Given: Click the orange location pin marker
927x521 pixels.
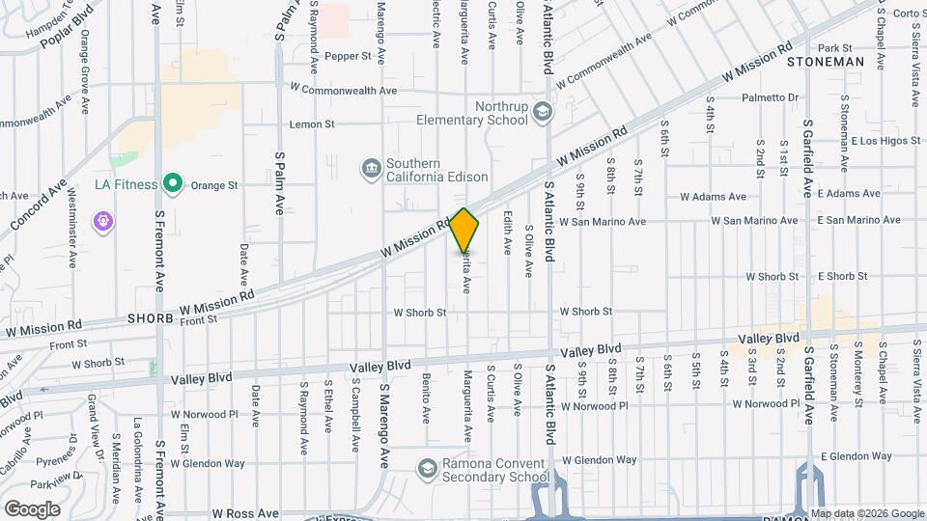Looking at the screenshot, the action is tap(464, 231).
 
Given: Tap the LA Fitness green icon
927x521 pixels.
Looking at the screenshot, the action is tap(173, 182).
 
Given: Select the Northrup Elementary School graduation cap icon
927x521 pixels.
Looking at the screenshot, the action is tap(542, 112).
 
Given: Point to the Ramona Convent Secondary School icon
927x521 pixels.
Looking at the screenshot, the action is tap(426, 468).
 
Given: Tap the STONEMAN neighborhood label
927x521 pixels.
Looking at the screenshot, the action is tap(825, 62).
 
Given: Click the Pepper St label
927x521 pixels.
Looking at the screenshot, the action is tap(348, 56).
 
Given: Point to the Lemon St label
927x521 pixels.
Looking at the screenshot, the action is tap(312, 124).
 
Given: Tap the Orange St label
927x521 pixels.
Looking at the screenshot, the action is tap(213, 185).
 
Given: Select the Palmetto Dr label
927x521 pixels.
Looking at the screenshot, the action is tap(770, 97).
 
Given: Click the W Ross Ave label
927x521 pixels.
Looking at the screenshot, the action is tap(245, 514).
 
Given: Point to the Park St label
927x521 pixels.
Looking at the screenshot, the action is tap(834, 47).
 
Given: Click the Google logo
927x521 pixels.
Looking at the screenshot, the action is tap(32, 508).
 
